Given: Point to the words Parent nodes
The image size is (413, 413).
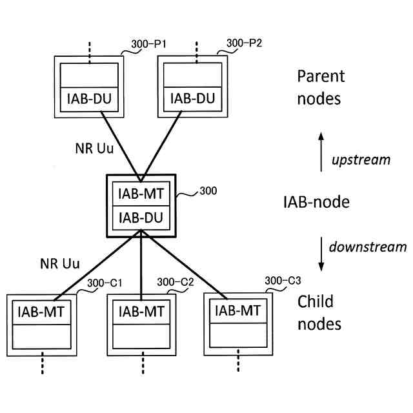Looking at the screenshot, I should pyautogui.click(x=321, y=88).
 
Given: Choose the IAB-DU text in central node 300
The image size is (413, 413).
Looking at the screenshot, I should pyautogui.click(x=141, y=219).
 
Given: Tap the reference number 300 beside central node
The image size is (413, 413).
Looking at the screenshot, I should pyautogui.click(x=208, y=191).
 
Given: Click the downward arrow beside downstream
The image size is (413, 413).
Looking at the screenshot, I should pyautogui.click(x=321, y=254).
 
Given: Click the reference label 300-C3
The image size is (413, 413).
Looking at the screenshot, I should pyautogui.click(x=283, y=281).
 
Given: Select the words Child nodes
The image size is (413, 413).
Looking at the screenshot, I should pyautogui.click(x=319, y=312).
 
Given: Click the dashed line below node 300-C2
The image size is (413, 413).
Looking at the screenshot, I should pyautogui.click(x=141, y=365).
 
